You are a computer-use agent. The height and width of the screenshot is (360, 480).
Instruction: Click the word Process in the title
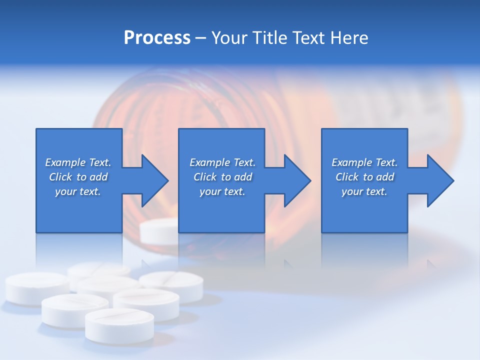157,38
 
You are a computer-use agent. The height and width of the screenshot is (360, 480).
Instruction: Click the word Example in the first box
65,162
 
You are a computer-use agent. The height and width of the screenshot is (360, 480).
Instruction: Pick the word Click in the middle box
205,177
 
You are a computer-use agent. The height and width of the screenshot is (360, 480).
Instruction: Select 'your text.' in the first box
78,191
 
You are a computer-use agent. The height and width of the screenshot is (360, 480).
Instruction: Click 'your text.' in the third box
364,191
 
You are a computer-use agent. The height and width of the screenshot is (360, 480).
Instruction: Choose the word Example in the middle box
210,162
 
